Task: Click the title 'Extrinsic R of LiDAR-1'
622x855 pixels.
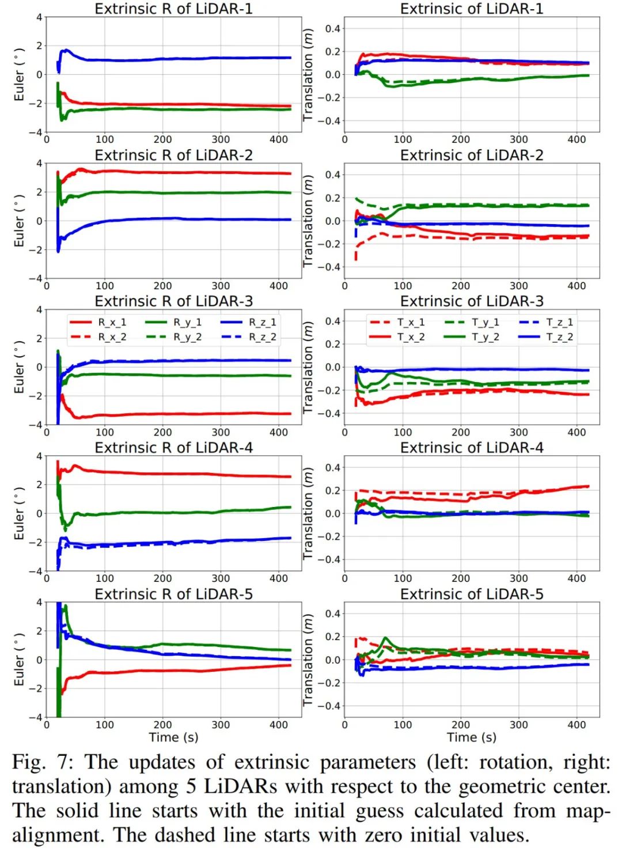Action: [173, 9]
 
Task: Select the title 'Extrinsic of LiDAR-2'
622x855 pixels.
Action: [472, 155]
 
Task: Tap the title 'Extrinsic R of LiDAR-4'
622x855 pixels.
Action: [173, 448]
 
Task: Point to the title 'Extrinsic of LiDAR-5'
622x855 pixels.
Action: [472, 594]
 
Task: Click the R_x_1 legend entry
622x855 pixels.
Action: [98, 322]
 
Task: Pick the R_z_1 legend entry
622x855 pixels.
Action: [249, 322]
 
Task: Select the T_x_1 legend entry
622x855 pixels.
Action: [397, 322]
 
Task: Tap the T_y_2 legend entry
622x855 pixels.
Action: [472, 337]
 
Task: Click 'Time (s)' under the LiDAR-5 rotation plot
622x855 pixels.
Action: [173, 737]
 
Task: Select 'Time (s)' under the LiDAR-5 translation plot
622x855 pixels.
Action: [472, 737]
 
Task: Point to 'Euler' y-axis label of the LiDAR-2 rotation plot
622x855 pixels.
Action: [20, 221]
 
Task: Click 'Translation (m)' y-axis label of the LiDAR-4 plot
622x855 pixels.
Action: [308, 513]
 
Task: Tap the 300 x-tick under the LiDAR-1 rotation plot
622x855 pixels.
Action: [221, 139]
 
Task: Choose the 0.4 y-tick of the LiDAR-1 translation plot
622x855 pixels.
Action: [332, 29]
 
